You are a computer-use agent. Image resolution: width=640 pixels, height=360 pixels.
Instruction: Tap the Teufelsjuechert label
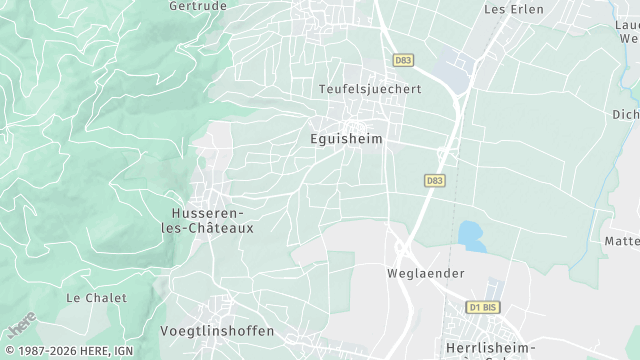(370, 89)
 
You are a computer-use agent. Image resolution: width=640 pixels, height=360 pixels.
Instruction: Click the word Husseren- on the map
(208, 213)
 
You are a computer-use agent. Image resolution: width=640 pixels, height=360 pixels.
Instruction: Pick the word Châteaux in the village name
(224, 228)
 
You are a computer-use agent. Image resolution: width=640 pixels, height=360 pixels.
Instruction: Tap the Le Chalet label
(96, 298)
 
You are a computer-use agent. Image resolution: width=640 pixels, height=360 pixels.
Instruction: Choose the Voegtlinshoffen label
(217, 331)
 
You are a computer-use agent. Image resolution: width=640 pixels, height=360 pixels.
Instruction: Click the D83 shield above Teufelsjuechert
(403, 60)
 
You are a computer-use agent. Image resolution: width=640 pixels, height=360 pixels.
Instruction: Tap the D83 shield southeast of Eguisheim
(434, 181)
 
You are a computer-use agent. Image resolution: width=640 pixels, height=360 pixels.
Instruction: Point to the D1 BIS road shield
(483, 307)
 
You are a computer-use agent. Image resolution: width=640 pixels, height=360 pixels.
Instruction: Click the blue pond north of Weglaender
(471, 236)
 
